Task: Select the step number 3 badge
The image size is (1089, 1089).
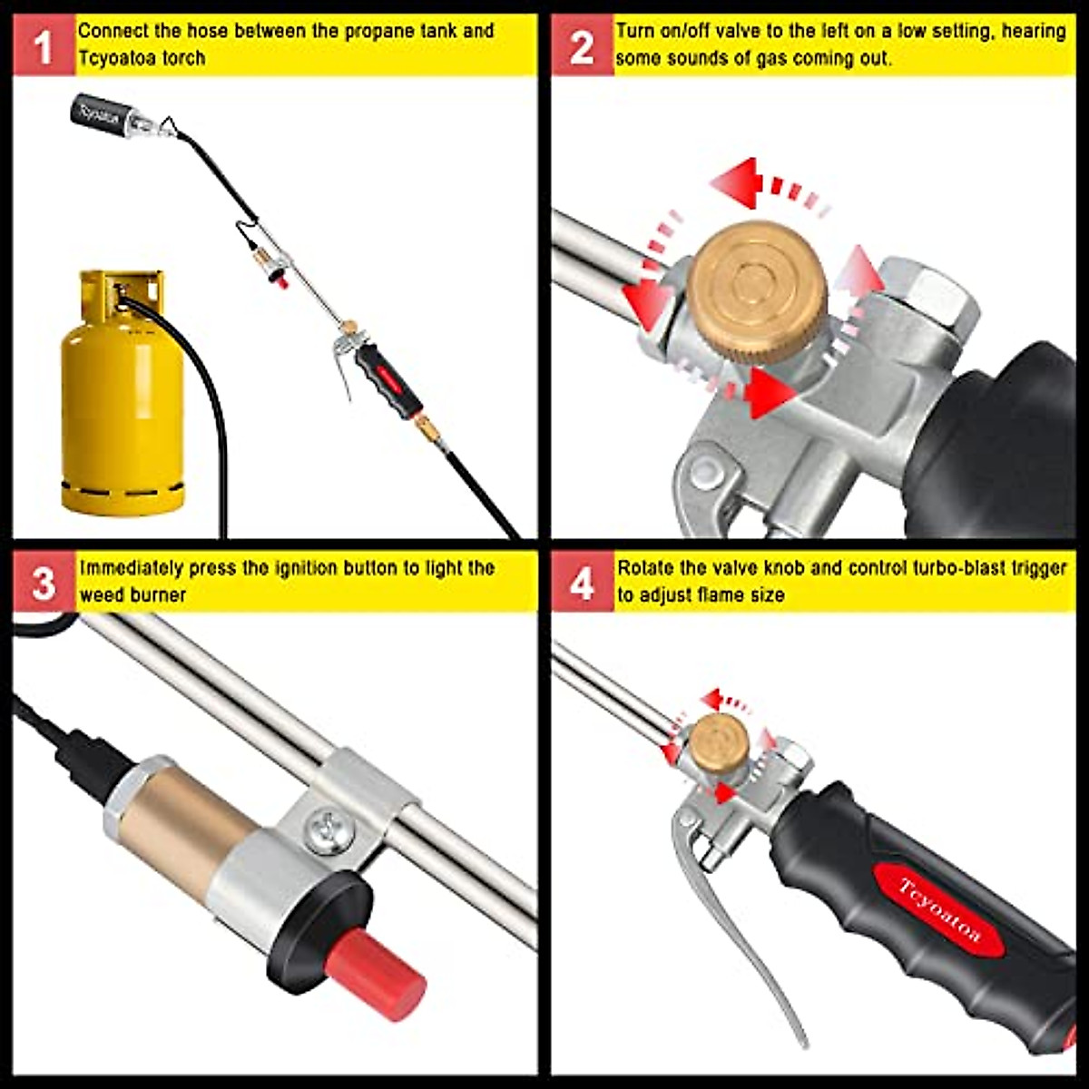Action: coord(44,582)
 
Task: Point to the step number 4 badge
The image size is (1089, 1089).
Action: coord(582,582)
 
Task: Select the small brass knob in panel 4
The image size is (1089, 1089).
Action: coord(719,741)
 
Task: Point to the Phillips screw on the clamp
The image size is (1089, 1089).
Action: coord(330,829)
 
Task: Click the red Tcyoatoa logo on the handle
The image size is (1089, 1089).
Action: coord(938,910)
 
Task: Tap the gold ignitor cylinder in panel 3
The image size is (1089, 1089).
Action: coord(181,819)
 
